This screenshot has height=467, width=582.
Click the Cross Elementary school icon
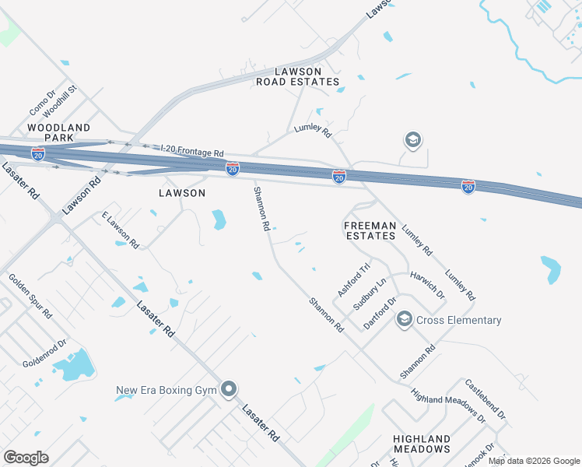404,319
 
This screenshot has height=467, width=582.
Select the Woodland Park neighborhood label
59,132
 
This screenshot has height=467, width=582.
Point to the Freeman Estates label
370,230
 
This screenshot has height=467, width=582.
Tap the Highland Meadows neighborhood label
421,444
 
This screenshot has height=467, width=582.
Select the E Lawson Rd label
121,230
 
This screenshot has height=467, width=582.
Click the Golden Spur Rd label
30,296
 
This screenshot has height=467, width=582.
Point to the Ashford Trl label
349,281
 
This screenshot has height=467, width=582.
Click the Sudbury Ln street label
369,295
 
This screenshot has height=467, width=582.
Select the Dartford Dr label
380,312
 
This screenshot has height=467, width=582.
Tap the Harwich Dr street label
427,285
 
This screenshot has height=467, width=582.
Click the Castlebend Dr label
486,400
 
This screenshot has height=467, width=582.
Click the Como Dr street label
42,103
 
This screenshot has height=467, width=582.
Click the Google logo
26,458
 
